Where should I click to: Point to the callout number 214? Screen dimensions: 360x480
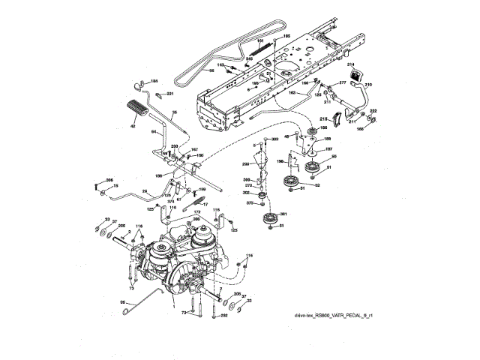click(x=350, y=65)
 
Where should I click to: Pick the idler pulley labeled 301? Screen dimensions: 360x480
click(x=265, y=221)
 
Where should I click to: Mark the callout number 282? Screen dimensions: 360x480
click(x=223, y=316)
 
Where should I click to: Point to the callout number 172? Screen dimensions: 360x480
click(x=197, y=214)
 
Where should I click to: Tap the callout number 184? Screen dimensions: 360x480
click(x=154, y=80)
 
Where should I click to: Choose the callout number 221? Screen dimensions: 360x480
click(x=169, y=94)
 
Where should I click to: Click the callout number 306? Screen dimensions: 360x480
click(x=109, y=181)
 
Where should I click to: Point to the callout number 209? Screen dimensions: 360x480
click(x=245, y=163)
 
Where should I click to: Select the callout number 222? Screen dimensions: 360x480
click(x=373, y=111)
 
